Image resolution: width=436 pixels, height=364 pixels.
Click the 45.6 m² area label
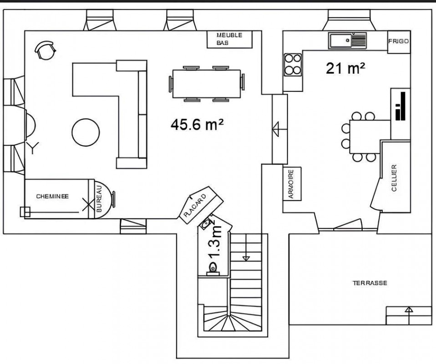click(x=197, y=124)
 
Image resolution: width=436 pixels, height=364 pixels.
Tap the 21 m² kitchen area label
click(x=345, y=68)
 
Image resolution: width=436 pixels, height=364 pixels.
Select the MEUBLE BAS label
click(x=229, y=39)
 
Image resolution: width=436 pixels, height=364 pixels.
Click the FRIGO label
click(x=399, y=41)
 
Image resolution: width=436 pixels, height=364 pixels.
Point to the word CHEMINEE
click(x=52, y=196)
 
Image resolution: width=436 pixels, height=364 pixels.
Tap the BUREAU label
click(x=99, y=199)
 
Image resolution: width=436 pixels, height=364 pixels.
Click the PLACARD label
click(x=195, y=205)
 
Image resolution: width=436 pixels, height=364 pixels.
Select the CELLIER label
click(x=394, y=178)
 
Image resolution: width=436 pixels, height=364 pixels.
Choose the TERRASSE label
click(x=370, y=283)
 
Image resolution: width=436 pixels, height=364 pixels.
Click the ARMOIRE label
click(x=291, y=184)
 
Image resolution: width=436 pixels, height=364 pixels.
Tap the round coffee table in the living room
click(x=86, y=132)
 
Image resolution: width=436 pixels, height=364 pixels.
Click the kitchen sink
click(x=348, y=40)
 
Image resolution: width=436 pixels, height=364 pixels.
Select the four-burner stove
click(x=293, y=65)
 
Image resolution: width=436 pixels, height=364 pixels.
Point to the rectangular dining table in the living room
click(x=207, y=84)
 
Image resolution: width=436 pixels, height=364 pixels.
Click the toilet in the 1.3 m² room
click(x=213, y=268)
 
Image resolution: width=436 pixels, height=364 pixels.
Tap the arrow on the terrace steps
click(x=409, y=316)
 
